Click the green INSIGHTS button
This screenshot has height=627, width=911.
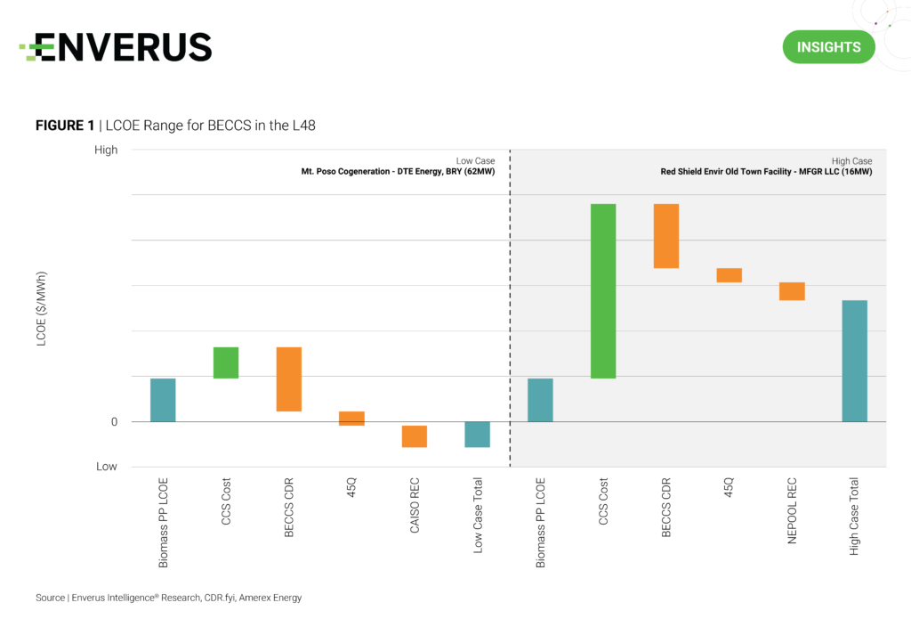[828, 46]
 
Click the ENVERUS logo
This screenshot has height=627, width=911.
[116, 47]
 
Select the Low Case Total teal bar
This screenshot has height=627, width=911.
[478, 434]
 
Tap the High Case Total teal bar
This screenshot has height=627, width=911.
[854, 361]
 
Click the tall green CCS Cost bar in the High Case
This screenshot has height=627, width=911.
[603, 291]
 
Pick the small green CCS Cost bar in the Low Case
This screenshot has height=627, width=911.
[226, 362]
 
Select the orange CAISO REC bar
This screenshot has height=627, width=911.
[415, 436]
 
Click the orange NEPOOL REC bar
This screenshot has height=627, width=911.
[792, 291]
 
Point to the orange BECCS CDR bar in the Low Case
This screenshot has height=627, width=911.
[289, 379]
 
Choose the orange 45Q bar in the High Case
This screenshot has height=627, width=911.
[730, 275]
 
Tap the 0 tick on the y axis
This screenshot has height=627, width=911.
[114, 421]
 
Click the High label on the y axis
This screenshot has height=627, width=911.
[106, 150]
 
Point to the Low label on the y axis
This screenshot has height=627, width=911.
[107, 467]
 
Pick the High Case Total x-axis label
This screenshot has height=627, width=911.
[854, 517]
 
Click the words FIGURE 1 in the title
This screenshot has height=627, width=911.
[65, 126]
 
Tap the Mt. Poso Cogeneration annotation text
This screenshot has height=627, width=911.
[398, 171]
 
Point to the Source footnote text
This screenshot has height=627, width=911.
[168, 598]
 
